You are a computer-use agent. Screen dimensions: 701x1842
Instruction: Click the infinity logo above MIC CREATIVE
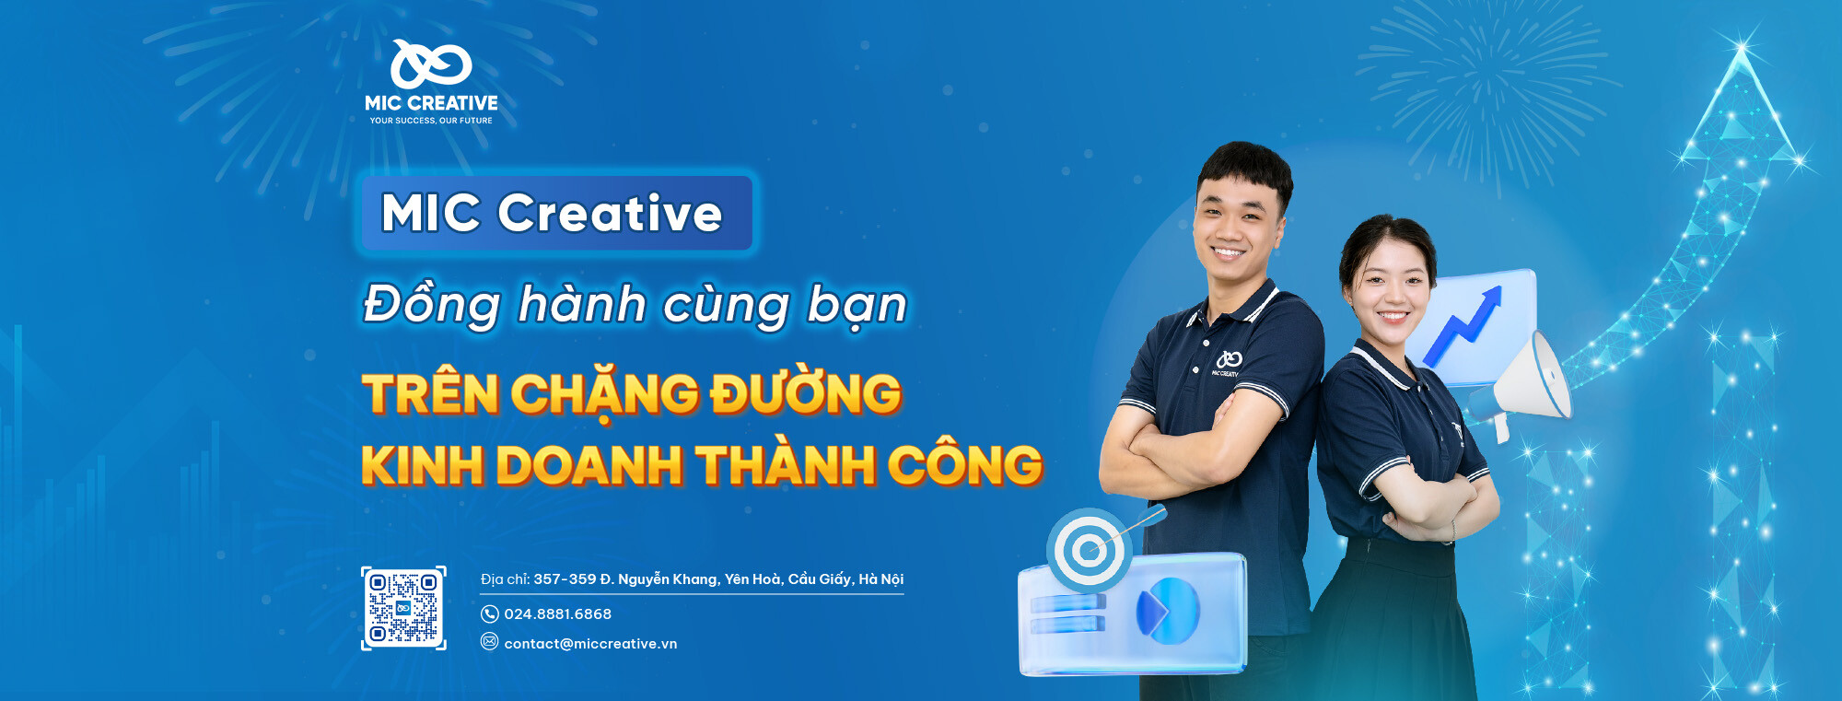(430, 64)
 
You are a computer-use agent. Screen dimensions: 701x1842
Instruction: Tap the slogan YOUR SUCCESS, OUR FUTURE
(431, 121)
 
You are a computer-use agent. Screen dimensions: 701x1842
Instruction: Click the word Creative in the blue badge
(610, 213)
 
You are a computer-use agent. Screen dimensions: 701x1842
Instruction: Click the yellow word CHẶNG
(604, 394)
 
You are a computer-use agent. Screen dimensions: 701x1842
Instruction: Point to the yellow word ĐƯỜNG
(805, 394)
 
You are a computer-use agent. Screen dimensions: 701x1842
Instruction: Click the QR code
(403, 608)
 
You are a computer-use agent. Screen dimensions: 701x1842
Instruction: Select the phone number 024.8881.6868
(557, 614)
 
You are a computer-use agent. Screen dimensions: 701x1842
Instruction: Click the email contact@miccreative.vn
(590, 644)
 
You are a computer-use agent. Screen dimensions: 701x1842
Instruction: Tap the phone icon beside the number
(490, 614)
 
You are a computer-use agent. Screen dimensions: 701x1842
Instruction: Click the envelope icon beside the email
(490, 642)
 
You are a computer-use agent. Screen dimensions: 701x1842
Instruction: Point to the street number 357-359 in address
(565, 579)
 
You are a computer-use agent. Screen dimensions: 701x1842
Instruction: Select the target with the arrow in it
(1090, 551)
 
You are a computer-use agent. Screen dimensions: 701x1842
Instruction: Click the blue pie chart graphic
(1168, 611)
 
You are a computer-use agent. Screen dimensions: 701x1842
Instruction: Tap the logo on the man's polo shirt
(1228, 361)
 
